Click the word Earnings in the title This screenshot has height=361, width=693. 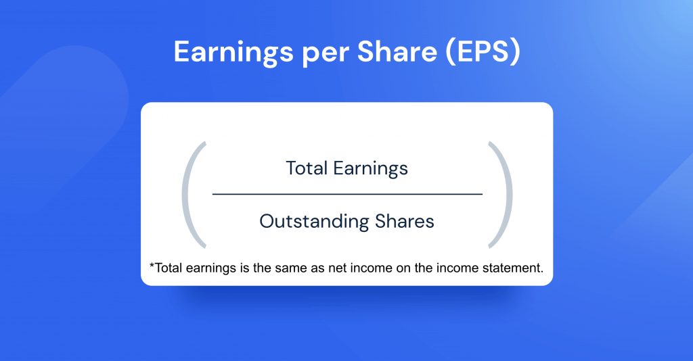(x=233, y=53)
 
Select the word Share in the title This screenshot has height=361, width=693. (x=397, y=51)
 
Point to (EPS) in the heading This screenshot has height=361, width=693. (x=483, y=52)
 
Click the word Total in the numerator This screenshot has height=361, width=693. (x=307, y=168)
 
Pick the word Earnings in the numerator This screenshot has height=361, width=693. (x=370, y=169)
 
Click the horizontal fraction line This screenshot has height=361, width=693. (x=347, y=194)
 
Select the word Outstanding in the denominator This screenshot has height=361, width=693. (x=314, y=222)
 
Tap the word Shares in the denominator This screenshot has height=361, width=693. (x=405, y=221)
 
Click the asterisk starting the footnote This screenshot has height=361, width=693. (x=152, y=265)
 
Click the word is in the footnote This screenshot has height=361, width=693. (x=245, y=268)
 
